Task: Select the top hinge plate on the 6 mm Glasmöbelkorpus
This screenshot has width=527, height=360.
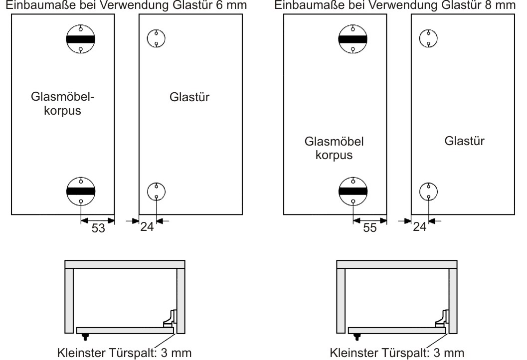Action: (81, 39)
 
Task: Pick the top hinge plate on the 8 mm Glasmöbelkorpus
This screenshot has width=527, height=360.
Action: (352, 39)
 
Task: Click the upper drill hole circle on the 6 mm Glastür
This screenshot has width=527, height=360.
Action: (157, 38)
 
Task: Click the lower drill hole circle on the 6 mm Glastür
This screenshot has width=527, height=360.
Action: (157, 191)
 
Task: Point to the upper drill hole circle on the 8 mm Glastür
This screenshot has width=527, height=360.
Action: (428, 38)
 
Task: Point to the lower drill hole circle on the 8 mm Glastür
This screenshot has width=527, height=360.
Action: (428, 191)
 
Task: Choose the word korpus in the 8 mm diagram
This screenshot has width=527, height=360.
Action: (335, 155)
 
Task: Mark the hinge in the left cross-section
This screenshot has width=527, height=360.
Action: (171, 319)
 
